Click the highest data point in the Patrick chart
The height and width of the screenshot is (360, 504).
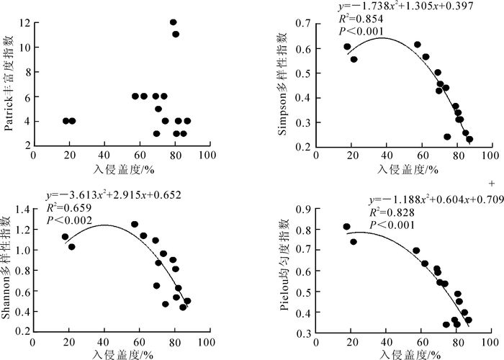[x=174, y=22]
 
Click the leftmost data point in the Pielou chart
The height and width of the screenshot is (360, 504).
[x=346, y=227]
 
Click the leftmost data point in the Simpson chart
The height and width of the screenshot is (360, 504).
[x=347, y=47]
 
